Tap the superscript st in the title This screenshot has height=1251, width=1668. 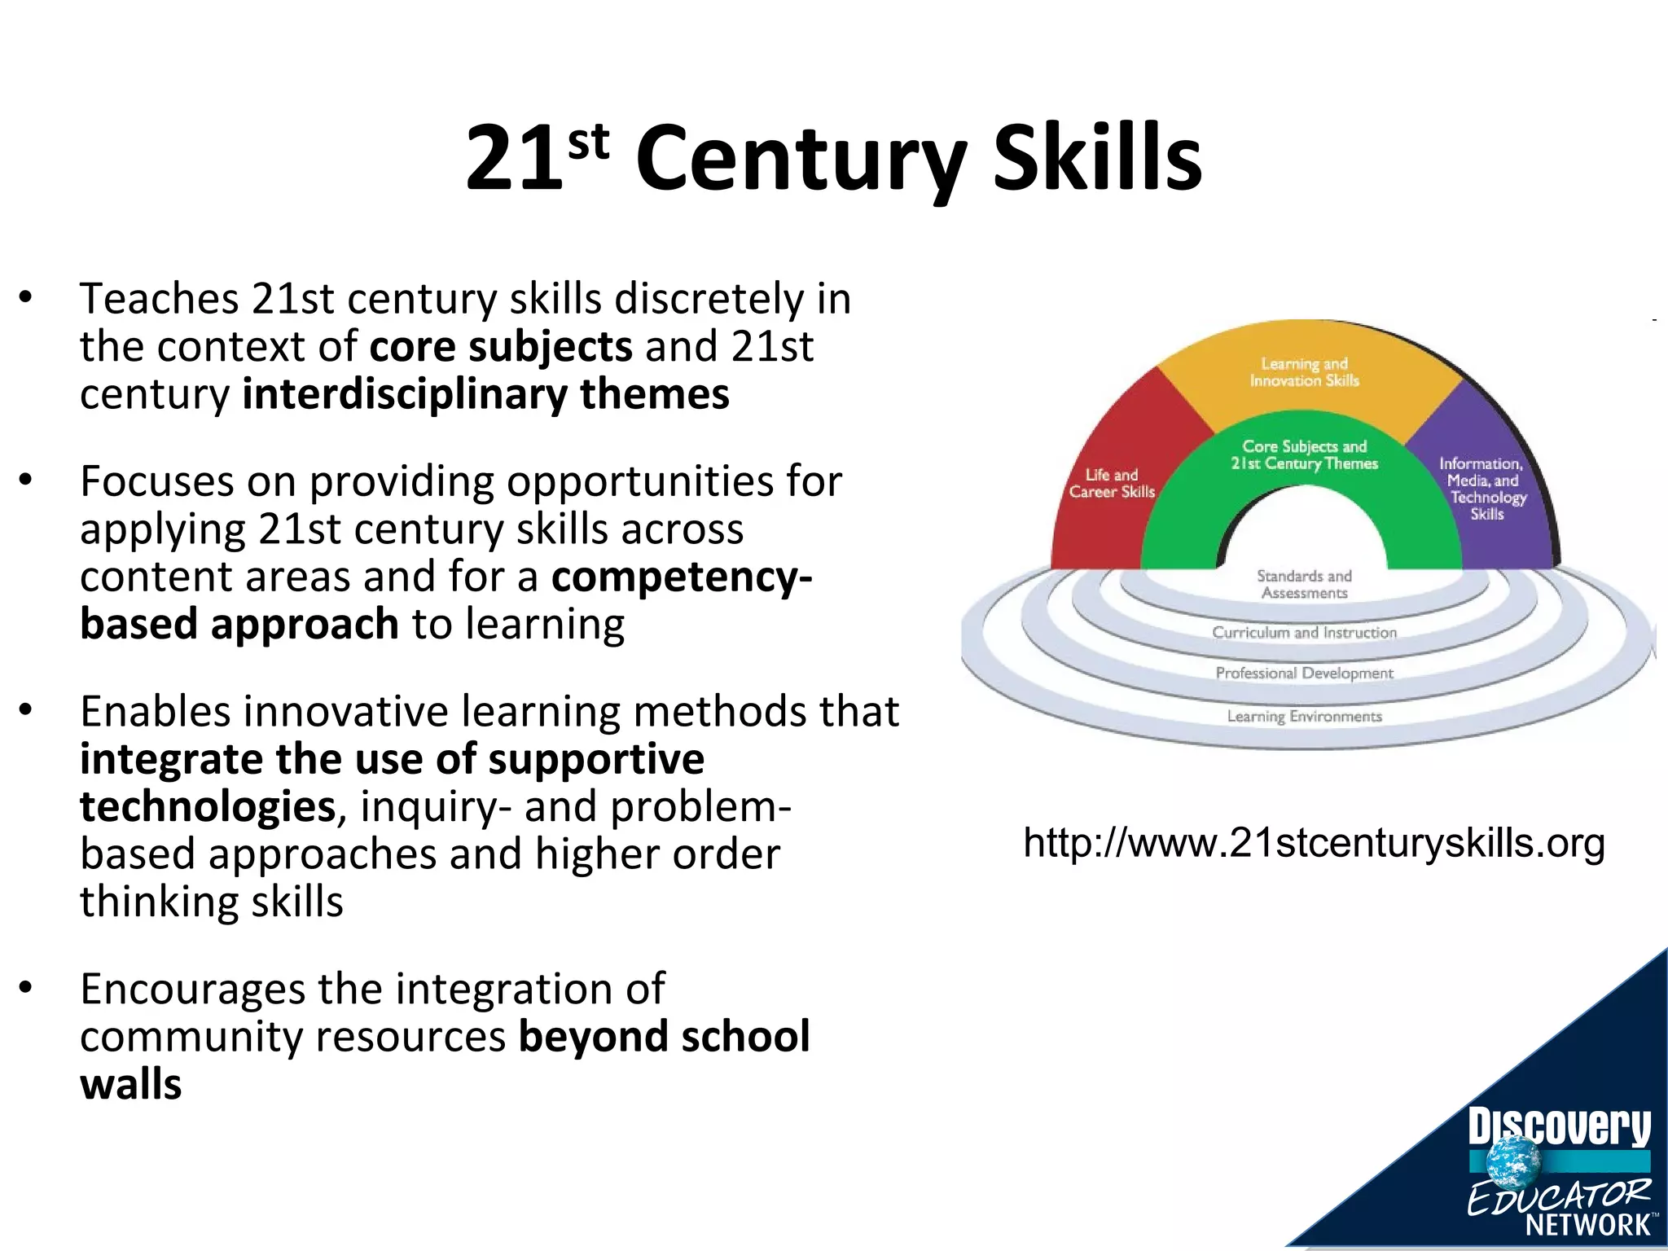point(588,142)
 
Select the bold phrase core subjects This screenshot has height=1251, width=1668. point(501,346)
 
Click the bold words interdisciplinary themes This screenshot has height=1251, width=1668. point(485,394)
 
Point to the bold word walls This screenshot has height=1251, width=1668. point(130,1084)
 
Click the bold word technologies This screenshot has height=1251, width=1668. point(208,806)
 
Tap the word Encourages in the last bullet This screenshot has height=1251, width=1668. point(192,989)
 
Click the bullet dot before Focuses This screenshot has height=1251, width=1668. point(26,481)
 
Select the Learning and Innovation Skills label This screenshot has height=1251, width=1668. point(1304,372)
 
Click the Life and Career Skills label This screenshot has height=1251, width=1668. point(1112,483)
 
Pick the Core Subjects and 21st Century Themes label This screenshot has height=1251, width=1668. point(1304,454)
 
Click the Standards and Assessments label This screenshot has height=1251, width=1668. point(1304,584)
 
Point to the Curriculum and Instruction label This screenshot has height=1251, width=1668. point(1304,632)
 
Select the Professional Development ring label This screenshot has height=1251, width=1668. point(1304,673)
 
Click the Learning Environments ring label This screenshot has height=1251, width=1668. point(1304,716)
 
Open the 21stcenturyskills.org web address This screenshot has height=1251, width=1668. point(1314,843)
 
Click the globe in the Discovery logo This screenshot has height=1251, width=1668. point(1513,1161)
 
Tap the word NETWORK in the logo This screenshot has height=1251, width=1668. point(1587,1224)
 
